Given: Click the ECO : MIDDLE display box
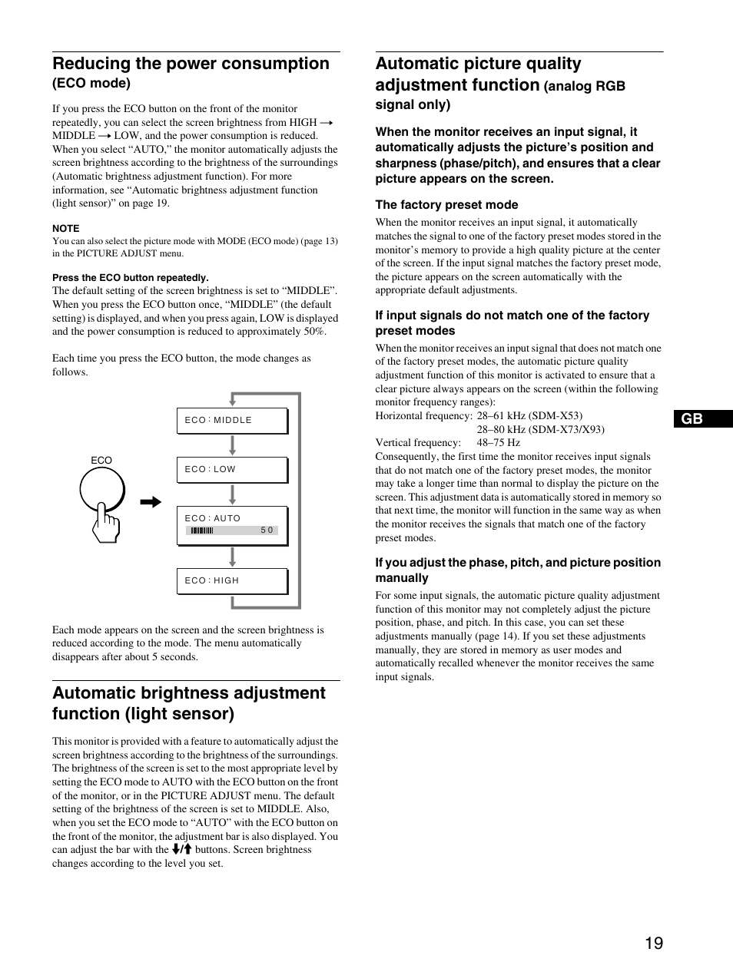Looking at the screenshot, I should tap(232, 421).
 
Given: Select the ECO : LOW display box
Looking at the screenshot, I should tap(232, 470).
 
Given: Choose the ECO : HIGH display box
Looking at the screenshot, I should tap(232, 581).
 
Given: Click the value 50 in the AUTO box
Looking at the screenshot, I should tap(267, 530).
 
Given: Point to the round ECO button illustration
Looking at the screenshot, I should tap(102, 488).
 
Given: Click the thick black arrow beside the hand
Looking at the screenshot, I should tap(151, 503).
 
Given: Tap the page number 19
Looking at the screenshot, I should tap(653, 944).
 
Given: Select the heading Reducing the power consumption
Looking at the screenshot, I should tap(191, 64).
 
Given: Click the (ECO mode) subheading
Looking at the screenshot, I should tap(91, 83).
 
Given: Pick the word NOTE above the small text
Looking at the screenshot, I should tap(66, 228).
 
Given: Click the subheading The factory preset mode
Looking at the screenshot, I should tap(446, 205).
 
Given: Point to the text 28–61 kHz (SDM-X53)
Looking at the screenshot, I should tap(529, 416).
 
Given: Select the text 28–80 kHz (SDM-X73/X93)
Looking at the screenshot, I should tap(540, 429).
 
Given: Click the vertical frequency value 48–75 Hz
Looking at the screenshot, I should tap(498, 443).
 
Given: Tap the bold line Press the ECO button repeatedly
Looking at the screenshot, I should tap(131, 278).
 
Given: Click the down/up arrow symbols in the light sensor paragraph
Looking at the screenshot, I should tap(181, 850).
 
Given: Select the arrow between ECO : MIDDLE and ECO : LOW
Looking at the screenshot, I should tap(232, 445).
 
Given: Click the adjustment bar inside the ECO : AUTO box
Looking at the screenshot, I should tap(202, 530).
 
